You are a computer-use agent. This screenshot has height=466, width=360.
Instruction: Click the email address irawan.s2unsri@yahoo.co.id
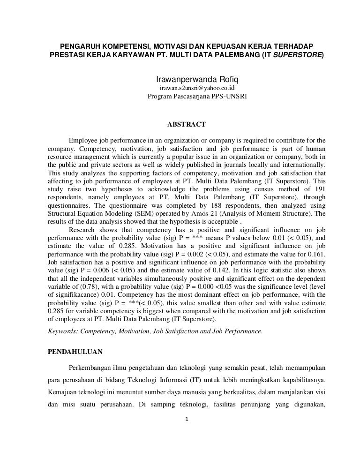(197, 88)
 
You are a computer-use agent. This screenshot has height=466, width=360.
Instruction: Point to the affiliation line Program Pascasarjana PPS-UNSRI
(197, 97)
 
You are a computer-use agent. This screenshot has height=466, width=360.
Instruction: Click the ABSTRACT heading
(186, 124)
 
